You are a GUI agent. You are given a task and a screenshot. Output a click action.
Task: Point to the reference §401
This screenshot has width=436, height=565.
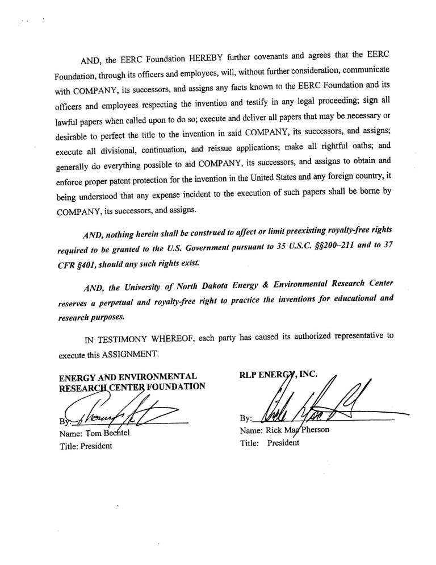point(94,265)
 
